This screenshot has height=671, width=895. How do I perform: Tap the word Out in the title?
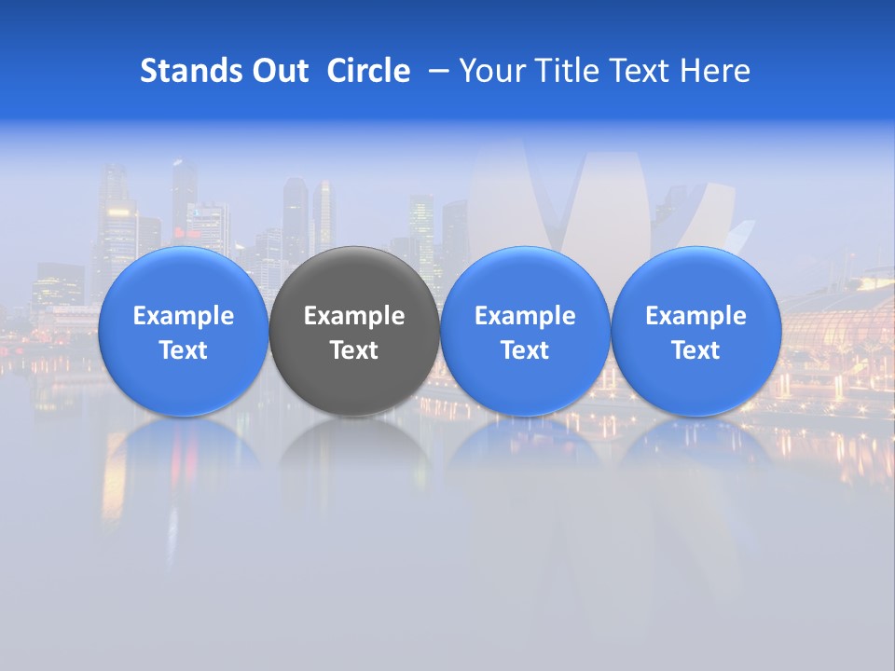point(279,71)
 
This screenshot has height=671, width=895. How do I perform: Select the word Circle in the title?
point(368,71)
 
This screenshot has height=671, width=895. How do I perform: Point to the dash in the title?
point(435,71)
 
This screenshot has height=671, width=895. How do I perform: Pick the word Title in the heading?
point(563,71)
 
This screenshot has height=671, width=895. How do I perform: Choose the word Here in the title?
point(715,71)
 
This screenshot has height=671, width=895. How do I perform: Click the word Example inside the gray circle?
point(354,316)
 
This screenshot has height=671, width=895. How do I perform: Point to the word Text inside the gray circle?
point(354,350)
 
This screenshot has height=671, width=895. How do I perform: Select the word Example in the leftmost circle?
point(183,316)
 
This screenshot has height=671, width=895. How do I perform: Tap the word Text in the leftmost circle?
point(183,350)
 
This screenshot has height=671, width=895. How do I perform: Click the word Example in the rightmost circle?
point(695,316)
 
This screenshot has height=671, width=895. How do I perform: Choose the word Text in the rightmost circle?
point(695,350)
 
